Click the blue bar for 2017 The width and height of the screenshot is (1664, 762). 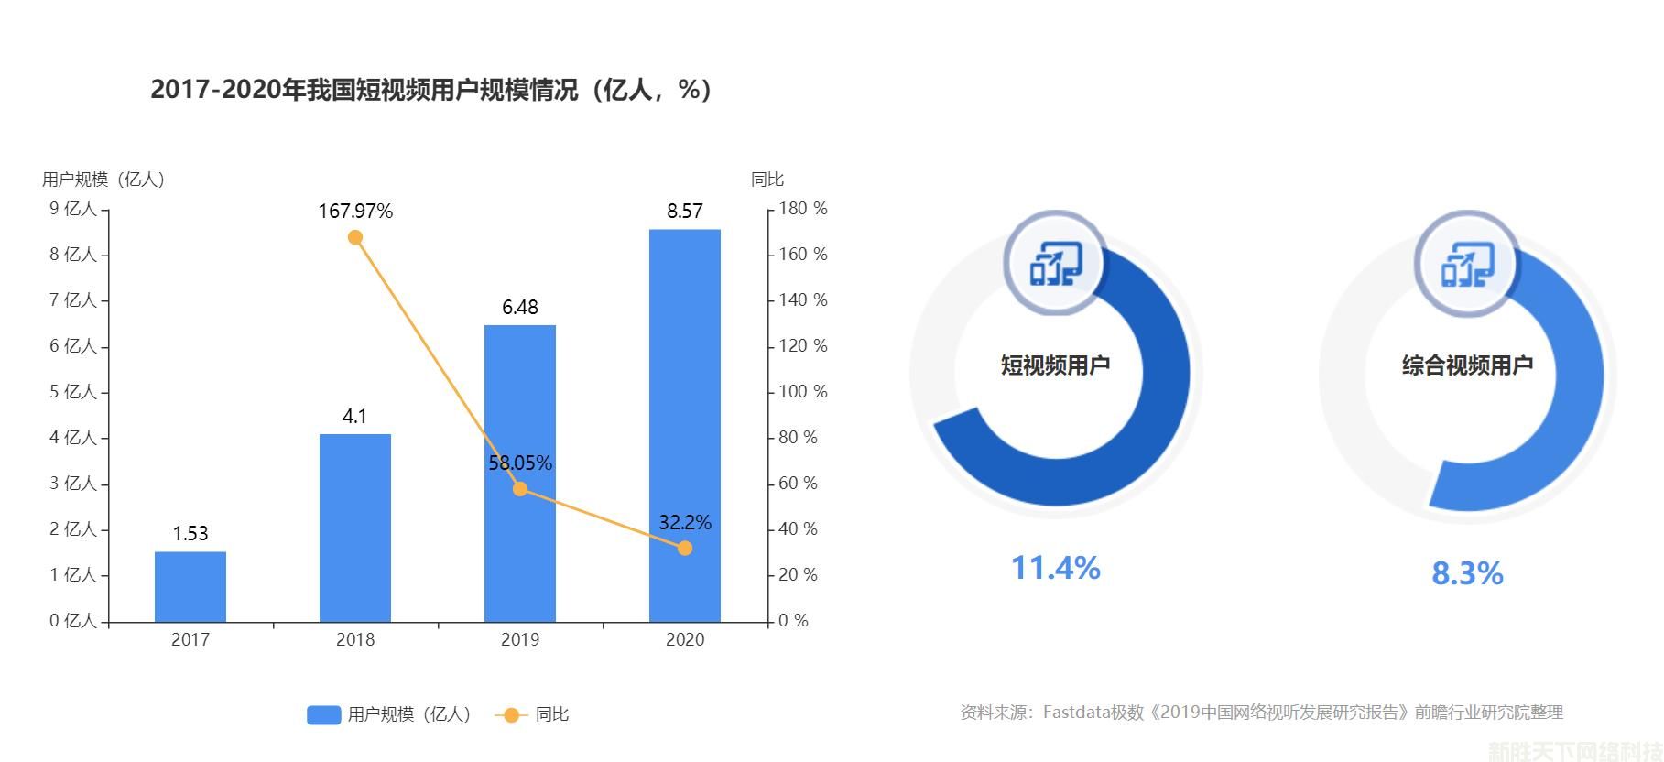point(190,586)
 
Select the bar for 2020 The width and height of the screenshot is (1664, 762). point(685,426)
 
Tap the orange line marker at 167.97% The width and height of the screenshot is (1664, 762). point(355,238)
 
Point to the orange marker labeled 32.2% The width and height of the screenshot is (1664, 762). point(685,549)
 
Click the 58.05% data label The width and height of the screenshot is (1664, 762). point(520,463)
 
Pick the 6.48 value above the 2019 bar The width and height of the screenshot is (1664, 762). point(520,308)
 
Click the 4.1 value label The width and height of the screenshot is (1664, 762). point(354,417)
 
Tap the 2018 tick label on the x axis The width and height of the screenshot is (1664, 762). point(355,640)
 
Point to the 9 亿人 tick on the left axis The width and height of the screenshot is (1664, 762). point(73,209)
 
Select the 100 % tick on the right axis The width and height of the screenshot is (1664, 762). point(802,392)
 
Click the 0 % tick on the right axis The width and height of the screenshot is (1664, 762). point(794,621)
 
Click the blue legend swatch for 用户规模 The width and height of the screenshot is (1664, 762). point(323,715)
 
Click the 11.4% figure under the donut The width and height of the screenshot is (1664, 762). point(1055,568)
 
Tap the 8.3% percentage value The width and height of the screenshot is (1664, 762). point(1467,574)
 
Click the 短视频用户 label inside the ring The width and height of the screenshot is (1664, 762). point(1055,365)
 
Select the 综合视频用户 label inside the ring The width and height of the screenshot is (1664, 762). point(1467,365)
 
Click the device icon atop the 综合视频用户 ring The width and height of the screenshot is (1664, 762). point(1468,264)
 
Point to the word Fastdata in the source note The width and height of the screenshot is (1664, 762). point(1075,713)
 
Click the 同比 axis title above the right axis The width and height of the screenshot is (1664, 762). point(767,180)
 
